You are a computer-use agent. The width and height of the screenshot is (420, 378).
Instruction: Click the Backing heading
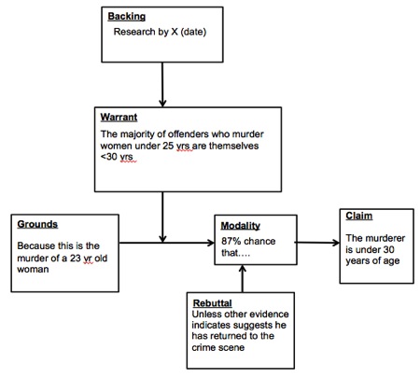pyautogui.click(x=127, y=17)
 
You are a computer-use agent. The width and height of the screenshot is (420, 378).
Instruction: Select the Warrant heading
pyautogui.click(x=119, y=117)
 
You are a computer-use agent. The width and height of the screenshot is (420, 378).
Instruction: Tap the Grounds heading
pyautogui.click(x=37, y=224)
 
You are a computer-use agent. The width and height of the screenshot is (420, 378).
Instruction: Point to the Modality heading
pyautogui.click(x=241, y=226)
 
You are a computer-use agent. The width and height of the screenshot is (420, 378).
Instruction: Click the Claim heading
pyautogui.click(x=359, y=216)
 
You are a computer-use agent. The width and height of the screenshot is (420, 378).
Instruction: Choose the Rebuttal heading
pyautogui.click(x=213, y=303)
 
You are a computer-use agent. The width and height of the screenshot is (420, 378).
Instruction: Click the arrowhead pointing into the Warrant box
pyautogui.click(x=162, y=104)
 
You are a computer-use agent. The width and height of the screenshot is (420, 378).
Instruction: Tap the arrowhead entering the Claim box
pyautogui.click(x=336, y=243)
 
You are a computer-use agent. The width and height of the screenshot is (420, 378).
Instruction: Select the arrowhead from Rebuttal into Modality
pyautogui.click(x=243, y=269)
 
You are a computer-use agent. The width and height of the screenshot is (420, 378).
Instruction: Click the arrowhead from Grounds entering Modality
pyautogui.click(x=211, y=243)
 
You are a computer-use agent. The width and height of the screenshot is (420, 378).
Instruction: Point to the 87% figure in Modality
pyautogui.click(x=230, y=241)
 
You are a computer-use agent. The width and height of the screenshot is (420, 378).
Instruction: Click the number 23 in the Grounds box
pyautogui.click(x=76, y=258)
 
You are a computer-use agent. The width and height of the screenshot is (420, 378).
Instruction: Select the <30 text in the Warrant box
pyautogui.click(x=109, y=157)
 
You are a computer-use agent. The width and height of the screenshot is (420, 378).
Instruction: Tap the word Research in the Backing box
pyautogui.click(x=134, y=32)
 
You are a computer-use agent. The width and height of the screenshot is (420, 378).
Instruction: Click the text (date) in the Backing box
pyautogui.click(x=193, y=32)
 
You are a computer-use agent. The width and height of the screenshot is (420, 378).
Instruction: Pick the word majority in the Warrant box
pyautogui.click(x=138, y=134)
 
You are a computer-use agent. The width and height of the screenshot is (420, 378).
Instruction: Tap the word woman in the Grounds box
pyautogui.click(x=33, y=270)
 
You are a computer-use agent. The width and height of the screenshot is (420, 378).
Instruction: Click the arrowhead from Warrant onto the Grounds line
pyautogui.click(x=162, y=239)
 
